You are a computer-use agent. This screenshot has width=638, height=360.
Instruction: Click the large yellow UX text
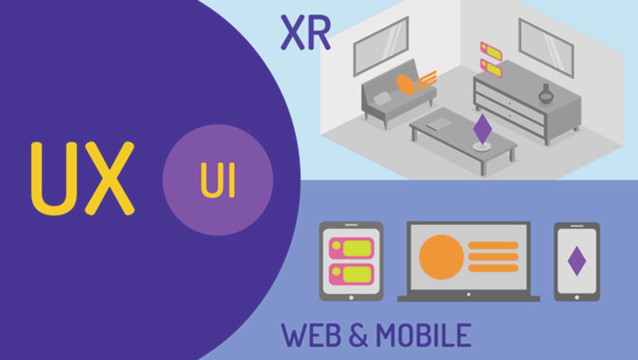pyautogui.click(x=83, y=178)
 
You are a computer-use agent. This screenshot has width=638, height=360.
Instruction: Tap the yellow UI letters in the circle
pyautogui.click(x=218, y=180)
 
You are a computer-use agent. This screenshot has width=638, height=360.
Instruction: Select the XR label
pyautogui.click(x=305, y=33)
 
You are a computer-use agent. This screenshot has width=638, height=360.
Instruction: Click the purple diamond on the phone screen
pyautogui.click(x=577, y=261)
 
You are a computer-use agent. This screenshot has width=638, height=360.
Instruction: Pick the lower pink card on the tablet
pyautogui.click(x=351, y=274)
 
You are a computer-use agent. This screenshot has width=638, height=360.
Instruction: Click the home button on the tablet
pyautogui.click(x=351, y=297)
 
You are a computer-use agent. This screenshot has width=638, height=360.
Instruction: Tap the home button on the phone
pyautogui.click(x=577, y=297)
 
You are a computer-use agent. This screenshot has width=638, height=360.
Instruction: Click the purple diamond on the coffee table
pyautogui.click(x=482, y=129)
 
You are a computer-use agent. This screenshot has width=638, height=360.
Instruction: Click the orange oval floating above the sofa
pyautogui.click(x=406, y=83)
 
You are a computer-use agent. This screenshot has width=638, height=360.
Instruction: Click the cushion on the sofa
pyautogui.click(x=383, y=98)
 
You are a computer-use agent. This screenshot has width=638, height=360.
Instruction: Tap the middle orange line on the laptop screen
pyautogui.click(x=493, y=257)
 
